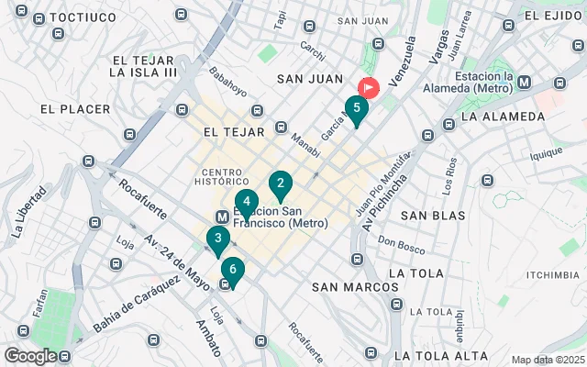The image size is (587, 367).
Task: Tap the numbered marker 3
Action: tap(217, 240)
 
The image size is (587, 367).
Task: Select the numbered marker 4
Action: tap(246, 203)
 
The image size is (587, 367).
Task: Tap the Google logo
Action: tap(30, 356)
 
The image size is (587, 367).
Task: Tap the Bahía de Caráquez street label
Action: tap(136, 306)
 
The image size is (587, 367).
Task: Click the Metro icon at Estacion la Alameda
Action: tap(524, 82)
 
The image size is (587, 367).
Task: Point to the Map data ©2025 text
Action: tap(547, 360)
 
